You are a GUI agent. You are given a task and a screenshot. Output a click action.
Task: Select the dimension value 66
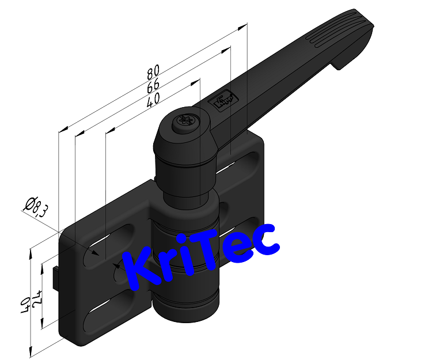tap(153, 87)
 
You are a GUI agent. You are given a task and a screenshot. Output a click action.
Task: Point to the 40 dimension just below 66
tap(153, 101)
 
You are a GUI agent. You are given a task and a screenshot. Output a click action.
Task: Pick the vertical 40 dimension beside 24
tap(26, 304)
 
